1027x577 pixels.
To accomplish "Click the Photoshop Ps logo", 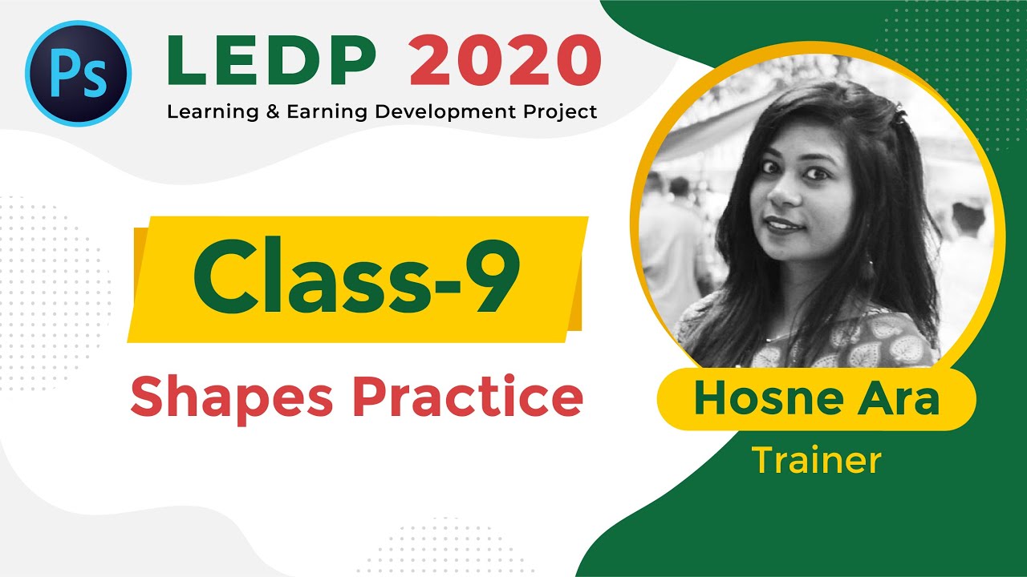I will [x=78, y=72].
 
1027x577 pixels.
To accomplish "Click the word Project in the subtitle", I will [x=562, y=111].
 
